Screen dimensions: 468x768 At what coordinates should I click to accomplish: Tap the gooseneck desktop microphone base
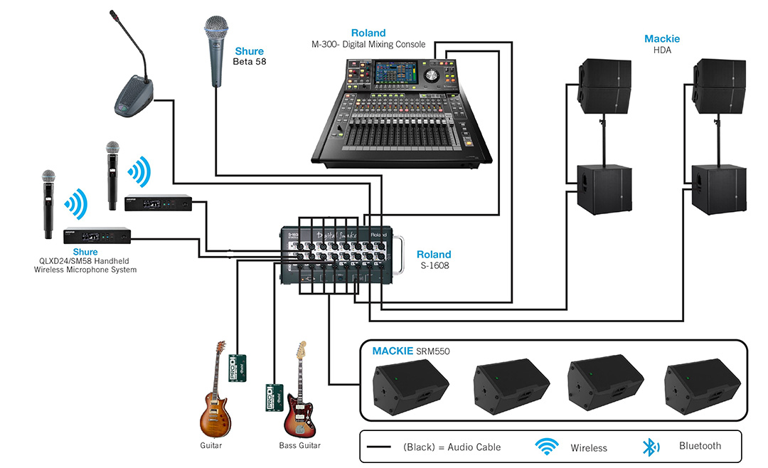[133, 98]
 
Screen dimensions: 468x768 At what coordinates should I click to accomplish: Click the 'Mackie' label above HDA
[661, 38]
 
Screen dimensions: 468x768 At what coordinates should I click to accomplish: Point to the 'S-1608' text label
[433, 267]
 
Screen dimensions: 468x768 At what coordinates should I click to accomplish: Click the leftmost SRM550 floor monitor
[410, 387]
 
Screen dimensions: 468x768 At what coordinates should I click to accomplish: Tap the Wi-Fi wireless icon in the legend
[546, 447]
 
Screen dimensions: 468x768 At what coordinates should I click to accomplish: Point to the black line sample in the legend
[380, 447]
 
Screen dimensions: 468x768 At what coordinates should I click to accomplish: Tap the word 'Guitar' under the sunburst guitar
[210, 445]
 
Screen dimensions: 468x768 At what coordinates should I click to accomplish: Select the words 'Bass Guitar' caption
[299, 445]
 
